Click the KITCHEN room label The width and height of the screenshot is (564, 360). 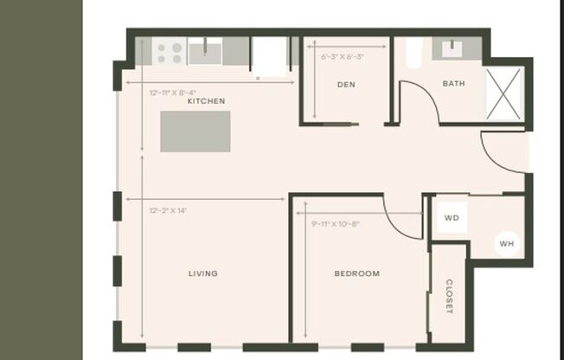click(206, 101)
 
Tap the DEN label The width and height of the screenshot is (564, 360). click(346, 84)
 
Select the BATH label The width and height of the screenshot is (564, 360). click(453, 84)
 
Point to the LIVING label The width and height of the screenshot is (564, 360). click(203, 273)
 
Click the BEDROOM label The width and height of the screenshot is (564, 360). click(356, 273)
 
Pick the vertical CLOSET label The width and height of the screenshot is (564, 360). click(449, 297)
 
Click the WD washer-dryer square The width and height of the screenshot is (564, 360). click(451, 218)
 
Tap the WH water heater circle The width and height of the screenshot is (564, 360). click(506, 244)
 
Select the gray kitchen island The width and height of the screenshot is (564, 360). click(195, 132)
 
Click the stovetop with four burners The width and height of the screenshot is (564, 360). click(170, 52)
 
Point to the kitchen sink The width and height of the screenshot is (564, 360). click(205, 51)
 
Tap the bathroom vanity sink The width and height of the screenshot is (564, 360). click(454, 48)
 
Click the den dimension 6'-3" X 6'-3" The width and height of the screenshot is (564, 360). click(343, 57)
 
